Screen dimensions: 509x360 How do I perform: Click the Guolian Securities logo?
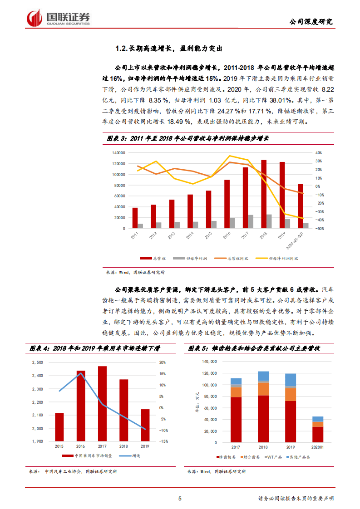(x=59, y=18)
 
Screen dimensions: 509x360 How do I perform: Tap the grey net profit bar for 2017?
(x=251, y=221)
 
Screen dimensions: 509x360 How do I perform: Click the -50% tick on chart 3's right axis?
(x=319, y=229)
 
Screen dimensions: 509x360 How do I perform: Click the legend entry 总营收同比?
(x=235, y=258)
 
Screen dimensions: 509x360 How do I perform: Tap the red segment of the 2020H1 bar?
(x=318, y=434)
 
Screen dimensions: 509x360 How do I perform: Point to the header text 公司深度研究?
(x=311, y=21)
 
